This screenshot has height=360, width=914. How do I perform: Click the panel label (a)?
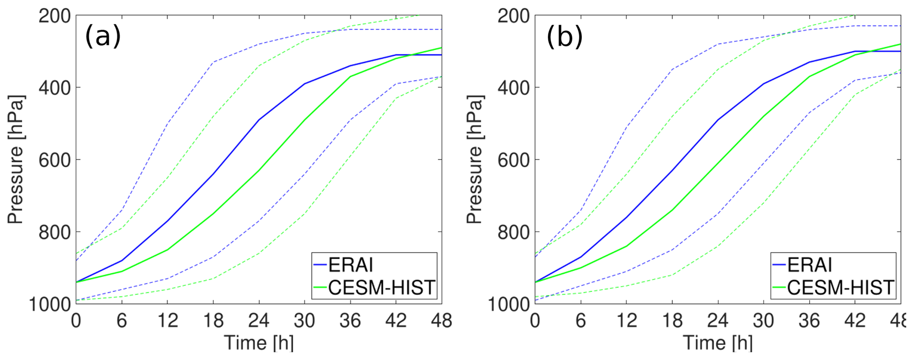(x=103, y=36)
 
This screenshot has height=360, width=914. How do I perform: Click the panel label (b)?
(x=564, y=36)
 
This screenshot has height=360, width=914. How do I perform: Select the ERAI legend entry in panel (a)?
(x=351, y=265)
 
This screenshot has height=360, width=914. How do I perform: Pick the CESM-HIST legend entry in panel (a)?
(x=382, y=287)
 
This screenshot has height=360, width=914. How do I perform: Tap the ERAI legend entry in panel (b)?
(x=810, y=265)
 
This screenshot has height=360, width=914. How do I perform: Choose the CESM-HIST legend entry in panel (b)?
(x=841, y=287)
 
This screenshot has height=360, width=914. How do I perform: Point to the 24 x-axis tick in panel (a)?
(x=259, y=320)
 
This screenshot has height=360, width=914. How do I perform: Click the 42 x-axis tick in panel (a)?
(x=396, y=320)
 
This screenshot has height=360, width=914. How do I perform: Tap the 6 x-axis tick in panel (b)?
(x=581, y=320)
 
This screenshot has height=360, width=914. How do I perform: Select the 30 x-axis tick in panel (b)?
(x=764, y=320)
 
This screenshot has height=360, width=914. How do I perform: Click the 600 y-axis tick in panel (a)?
(x=55, y=160)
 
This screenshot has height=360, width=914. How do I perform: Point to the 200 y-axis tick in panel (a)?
(x=55, y=16)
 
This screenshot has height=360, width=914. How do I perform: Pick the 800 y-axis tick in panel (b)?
(x=514, y=232)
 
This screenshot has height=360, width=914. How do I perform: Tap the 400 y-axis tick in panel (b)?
(x=514, y=88)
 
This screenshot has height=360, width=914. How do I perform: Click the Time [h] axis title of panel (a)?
(x=259, y=343)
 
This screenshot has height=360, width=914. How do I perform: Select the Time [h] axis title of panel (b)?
(x=718, y=343)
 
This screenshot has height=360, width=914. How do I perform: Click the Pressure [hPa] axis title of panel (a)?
(x=16, y=159)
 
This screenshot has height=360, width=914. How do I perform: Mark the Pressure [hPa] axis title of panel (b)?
(x=475, y=159)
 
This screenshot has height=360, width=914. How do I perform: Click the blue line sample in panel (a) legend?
(x=320, y=265)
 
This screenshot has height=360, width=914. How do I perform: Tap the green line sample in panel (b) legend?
(x=779, y=288)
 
